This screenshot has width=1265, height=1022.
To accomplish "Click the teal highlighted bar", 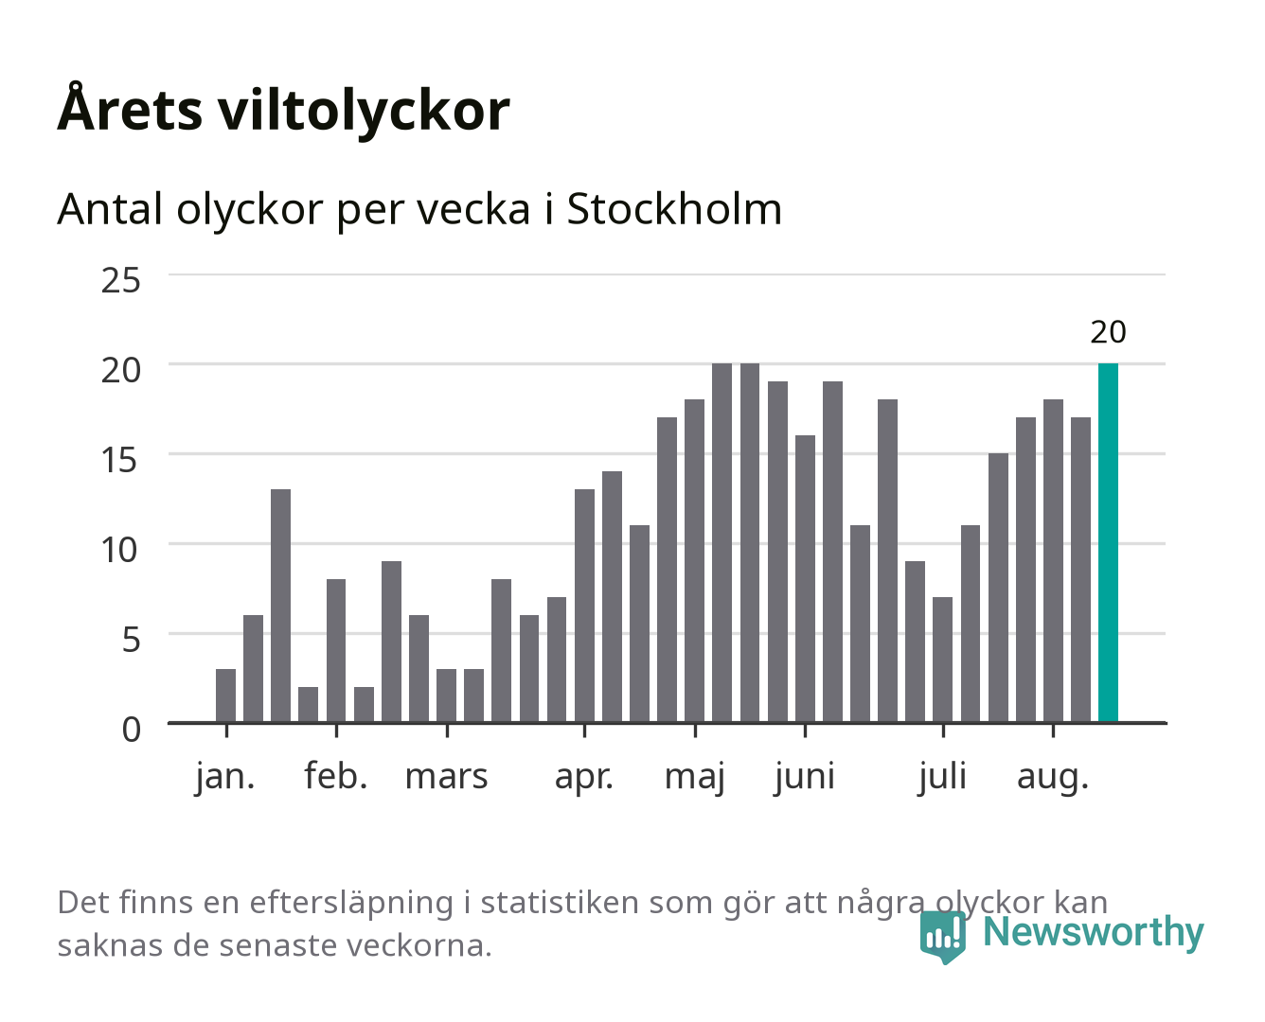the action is [1108, 542].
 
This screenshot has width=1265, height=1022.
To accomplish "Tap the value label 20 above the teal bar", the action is [1108, 332].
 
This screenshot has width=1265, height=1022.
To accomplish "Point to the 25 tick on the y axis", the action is [120, 281].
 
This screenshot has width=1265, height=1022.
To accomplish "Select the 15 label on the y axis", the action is [119, 460].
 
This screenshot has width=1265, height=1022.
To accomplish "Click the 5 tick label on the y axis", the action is [132, 640].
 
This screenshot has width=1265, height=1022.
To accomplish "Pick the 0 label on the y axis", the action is [132, 730].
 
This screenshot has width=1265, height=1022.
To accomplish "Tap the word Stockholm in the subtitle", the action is [674, 209].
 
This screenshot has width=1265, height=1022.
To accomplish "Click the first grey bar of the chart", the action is [225, 696].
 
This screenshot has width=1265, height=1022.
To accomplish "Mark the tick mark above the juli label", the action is [943, 730].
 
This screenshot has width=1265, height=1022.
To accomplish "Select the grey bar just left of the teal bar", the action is [1080, 570].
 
